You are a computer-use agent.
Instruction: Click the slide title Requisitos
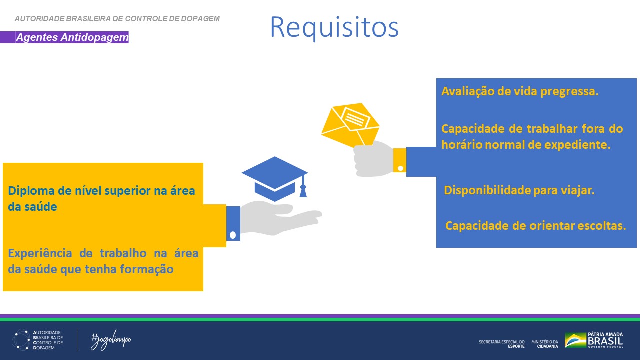(334, 27)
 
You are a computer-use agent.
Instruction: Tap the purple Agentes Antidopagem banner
(64, 37)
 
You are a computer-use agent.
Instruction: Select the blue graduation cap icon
(275, 179)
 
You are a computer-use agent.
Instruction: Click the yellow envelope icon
(350, 125)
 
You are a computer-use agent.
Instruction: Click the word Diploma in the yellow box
(31, 191)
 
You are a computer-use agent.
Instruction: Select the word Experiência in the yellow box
(40, 253)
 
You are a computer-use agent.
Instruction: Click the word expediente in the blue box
(577, 145)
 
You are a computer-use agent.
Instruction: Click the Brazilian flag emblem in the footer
(575, 340)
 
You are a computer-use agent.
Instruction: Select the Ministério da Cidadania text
(545, 344)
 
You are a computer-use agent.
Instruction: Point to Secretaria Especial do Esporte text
(502, 344)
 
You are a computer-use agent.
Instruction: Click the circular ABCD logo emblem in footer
(21, 340)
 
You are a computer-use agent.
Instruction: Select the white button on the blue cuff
(233, 235)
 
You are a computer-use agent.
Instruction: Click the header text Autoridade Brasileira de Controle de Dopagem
(117, 19)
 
